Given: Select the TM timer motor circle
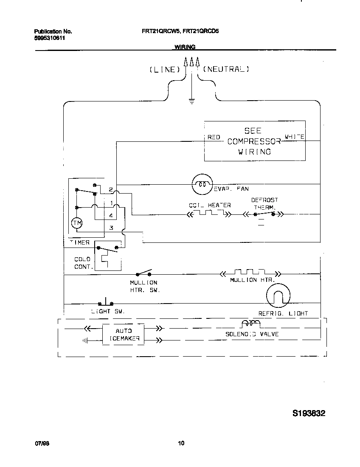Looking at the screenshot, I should pyautogui.click(x=76, y=223).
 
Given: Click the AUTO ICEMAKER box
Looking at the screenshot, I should pyautogui.click(x=124, y=335).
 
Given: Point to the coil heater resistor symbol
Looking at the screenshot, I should pyautogui.click(x=209, y=214).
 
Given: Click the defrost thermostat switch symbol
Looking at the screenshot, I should pyautogui.click(x=265, y=214).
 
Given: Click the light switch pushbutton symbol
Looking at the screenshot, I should pyautogui.click(x=105, y=302).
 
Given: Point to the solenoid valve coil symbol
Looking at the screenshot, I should pyautogui.click(x=250, y=324).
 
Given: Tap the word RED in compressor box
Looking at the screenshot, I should pyautogui.click(x=214, y=137).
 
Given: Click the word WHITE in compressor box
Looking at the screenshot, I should pyautogui.click(x=294, y=137).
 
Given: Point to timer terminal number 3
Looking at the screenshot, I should pyautogui.click(x=111, y=228).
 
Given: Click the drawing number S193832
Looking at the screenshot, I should pyautogui.click(x=309, y=413).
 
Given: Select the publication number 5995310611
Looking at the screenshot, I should pyautogui.click(x=50, y=38).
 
